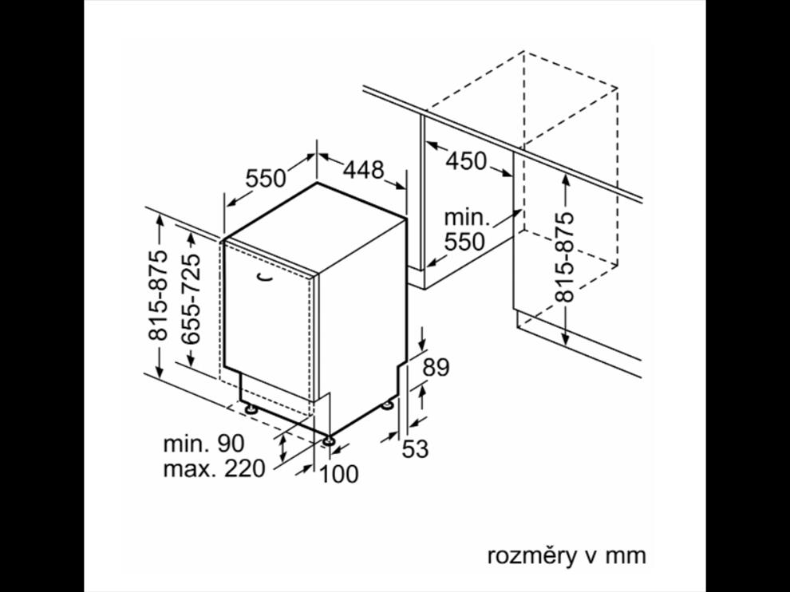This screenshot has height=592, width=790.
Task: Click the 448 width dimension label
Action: point(364,169)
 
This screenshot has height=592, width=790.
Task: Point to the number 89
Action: point(436,367)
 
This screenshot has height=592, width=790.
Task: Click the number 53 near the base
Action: point(415,449)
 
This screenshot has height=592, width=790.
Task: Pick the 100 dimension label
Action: point(339,474)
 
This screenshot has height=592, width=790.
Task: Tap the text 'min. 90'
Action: point(203,443)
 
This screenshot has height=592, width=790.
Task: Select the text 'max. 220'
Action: point(214,468)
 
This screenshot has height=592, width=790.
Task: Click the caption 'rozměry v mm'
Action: point(566,555)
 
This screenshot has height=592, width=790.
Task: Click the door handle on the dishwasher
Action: point(265,275)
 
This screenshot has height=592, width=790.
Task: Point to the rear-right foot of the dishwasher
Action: point(389,405)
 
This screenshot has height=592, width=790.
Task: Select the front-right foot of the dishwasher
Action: point(329,437)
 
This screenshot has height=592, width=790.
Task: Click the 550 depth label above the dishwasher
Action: point(266,178)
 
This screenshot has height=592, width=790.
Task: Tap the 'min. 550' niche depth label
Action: point(464,228)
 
